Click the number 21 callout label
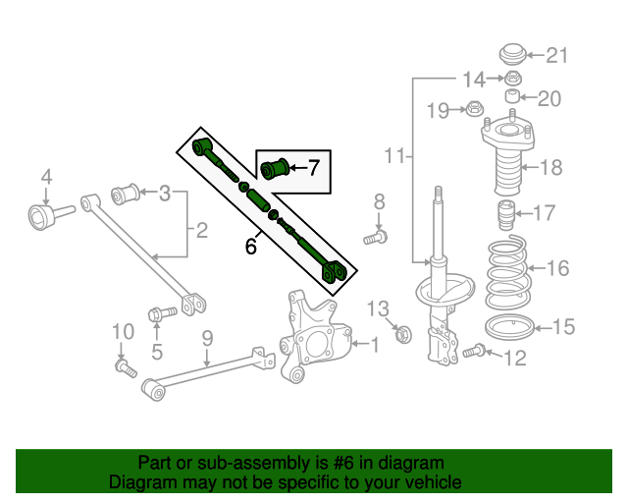point(556,55)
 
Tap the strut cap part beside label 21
point(511,53)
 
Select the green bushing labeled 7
point(277,168)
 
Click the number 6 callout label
point(251,246)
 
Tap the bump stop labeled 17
point(508,213)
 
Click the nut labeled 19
point(473,108)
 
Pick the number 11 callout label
point(393,155)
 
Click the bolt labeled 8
point(377,236)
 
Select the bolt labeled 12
point(476,350)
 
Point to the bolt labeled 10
point(124,367)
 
